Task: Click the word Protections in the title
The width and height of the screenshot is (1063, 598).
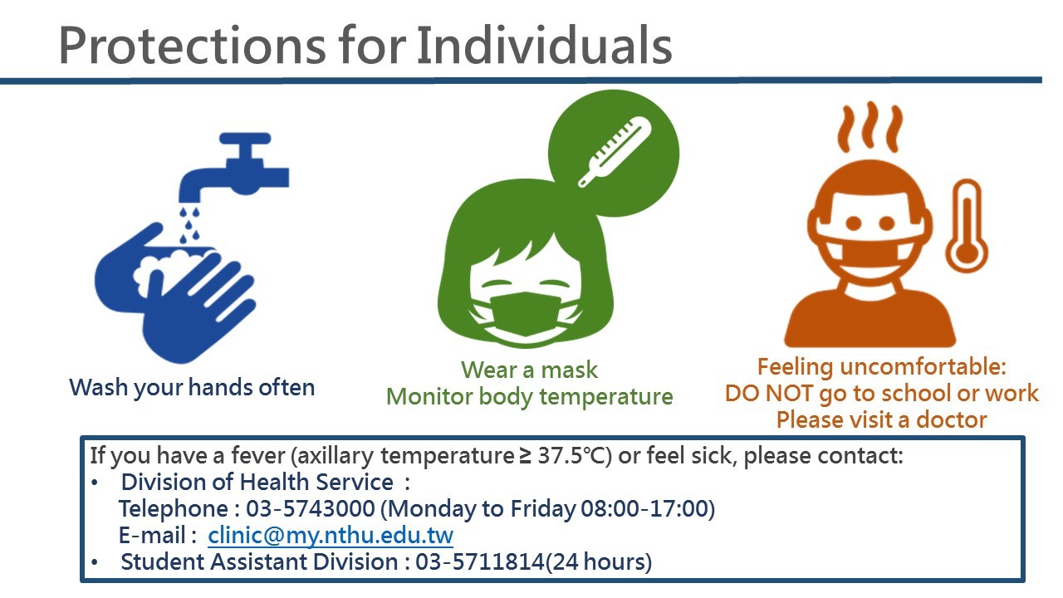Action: pyautogui.click(x=190, y=45)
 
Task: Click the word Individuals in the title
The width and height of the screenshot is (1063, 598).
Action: pyautogui.click(x=544, y=45)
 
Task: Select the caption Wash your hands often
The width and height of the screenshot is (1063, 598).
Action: pyautogui.click(x=192, y=387)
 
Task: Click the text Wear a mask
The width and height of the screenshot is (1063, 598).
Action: pyautogui.click(x=529, y=370)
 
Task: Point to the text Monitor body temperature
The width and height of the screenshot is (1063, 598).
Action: pyautogui.click(x=529, y=396)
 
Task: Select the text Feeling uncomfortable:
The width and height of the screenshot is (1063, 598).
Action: pyautogui.click(x=881, y=366)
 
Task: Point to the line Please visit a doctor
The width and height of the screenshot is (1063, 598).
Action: pyautogui.click(x=881, y=419)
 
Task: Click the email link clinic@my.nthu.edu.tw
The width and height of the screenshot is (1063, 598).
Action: pyautogui.click(x=331, y=535)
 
